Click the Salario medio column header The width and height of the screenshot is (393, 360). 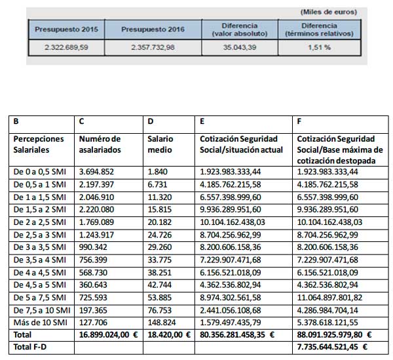[161, 144]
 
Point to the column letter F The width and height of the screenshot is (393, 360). [299, 121]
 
